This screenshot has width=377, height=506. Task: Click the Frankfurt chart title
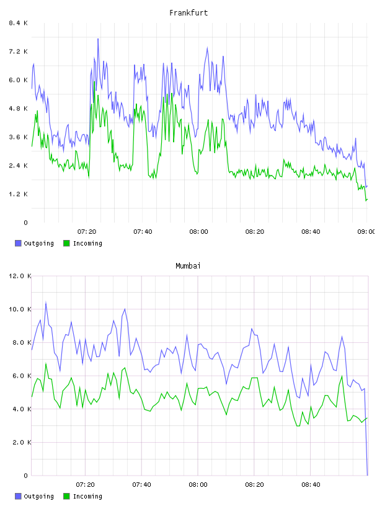click(188, 13)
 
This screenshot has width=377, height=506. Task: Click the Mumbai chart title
click(188, 266)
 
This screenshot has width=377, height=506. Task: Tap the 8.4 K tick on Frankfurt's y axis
click(18, 23)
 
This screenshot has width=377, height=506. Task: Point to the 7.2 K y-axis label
click(18, 51)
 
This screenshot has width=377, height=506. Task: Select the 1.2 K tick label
click(18, 194)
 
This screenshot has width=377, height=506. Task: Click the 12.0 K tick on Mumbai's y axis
click(20, 276)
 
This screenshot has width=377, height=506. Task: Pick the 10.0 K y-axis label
click(20, 309)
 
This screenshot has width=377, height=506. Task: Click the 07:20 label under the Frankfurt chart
click(87, 231)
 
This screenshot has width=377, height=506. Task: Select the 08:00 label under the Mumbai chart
click(198, 484)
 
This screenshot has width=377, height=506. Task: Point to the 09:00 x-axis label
click(366, 231)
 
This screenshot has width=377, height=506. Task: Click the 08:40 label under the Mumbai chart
click(311, 484)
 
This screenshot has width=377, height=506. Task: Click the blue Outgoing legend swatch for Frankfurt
click(18, 243)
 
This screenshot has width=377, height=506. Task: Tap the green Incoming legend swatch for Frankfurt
click(66, 243)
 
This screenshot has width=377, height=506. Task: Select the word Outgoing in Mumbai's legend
click(38, 496)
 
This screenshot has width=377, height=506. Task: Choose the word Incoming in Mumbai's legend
click(87, 496)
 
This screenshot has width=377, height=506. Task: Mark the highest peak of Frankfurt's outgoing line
click(98, 38)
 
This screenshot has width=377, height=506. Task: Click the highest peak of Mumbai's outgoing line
click(46, 303)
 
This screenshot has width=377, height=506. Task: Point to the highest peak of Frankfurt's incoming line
click(94, 82)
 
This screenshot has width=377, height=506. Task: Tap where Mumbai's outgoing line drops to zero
click(367, 475)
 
